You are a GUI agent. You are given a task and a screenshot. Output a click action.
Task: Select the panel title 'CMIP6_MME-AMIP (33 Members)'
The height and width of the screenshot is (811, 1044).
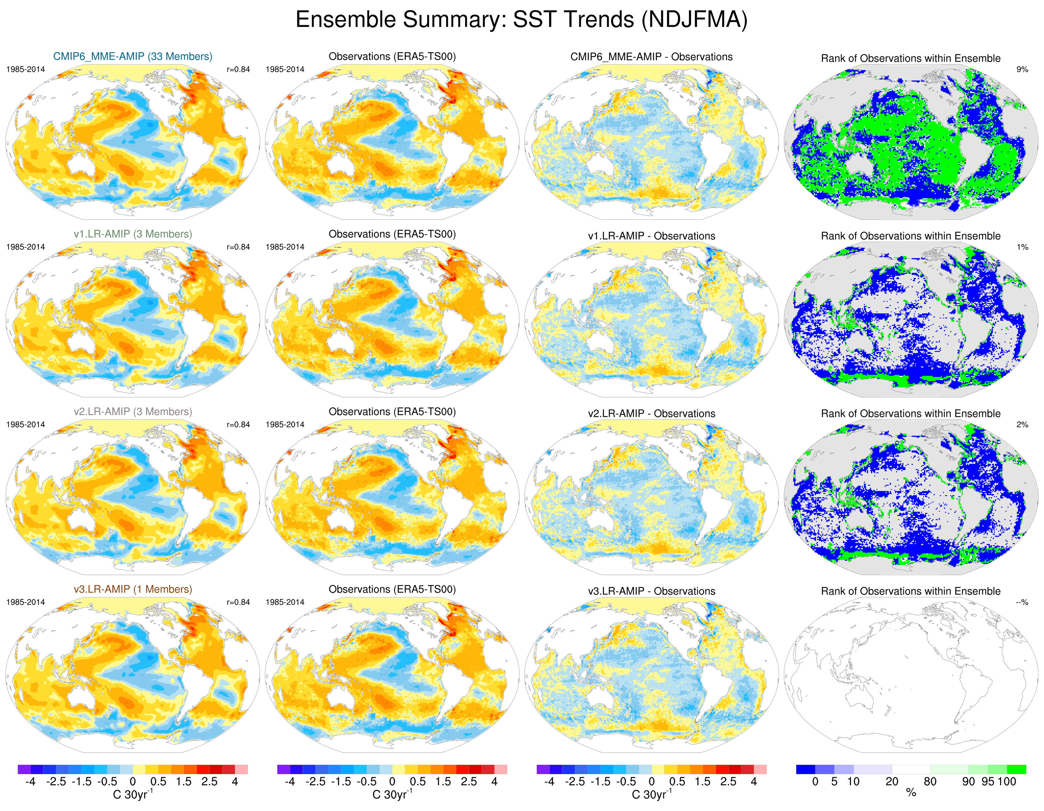[133, 56]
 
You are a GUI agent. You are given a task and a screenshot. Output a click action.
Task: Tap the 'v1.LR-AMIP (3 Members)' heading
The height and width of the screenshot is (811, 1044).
[133, 234]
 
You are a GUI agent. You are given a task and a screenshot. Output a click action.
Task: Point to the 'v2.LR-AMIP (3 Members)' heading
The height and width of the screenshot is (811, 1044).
[133, 412]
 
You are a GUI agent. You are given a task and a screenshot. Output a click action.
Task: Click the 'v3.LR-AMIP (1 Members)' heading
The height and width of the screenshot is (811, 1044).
[133, 590]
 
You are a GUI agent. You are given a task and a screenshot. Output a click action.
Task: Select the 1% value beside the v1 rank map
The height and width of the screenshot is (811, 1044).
[1022, 247]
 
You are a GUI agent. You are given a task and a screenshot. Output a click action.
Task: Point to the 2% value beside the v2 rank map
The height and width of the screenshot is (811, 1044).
[1022, 425]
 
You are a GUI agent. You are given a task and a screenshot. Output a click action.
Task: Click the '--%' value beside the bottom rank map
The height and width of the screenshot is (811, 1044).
[1022, 602]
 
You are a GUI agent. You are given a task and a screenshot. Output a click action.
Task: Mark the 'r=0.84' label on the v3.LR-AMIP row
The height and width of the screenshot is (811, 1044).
[238, 602]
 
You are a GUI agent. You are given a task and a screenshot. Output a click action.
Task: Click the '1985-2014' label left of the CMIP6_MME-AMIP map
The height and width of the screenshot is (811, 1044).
[25, 69]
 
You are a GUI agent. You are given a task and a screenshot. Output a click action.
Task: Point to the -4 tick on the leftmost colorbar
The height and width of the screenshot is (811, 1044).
[30, 782]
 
